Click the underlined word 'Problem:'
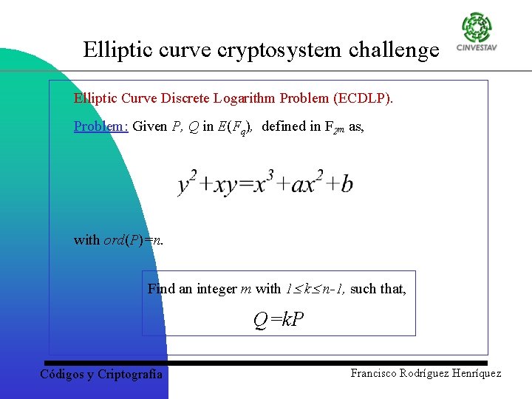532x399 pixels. (101, 126)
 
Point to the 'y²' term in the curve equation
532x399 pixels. (187, 183)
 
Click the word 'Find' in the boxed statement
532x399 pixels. (162, 289)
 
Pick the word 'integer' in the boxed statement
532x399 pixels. (216, 289)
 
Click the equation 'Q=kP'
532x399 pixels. (279, 320)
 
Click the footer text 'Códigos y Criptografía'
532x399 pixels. (100, 374)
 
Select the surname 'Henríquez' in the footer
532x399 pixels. (473, 373)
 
